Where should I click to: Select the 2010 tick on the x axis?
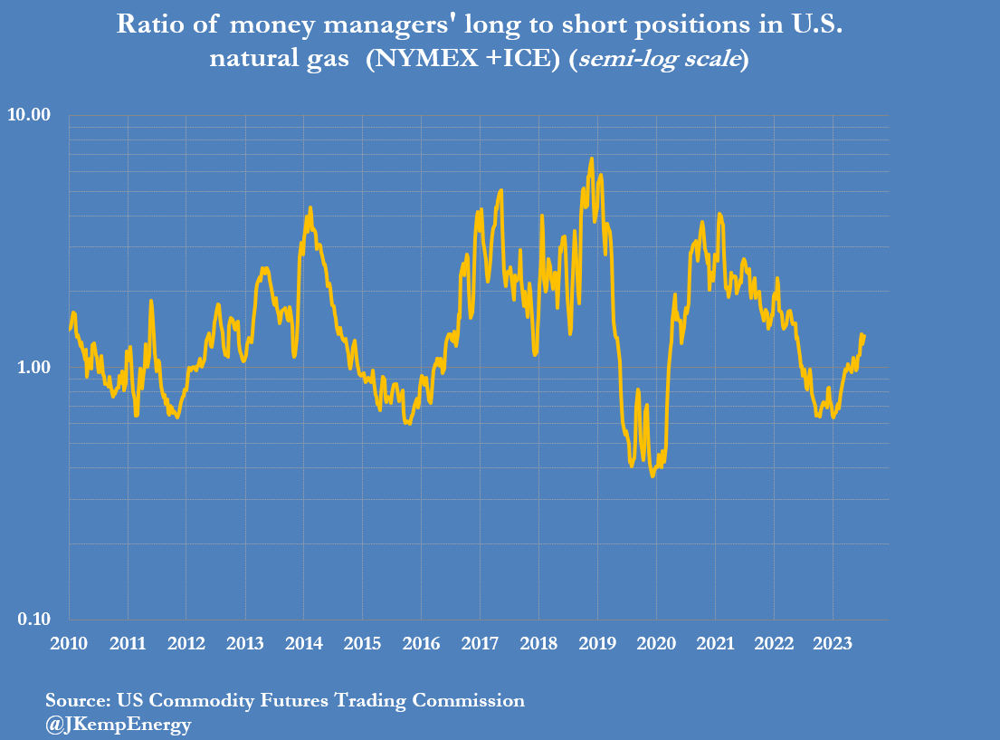pos(69,644)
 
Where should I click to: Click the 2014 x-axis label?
pos(304,644)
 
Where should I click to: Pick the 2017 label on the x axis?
pos(481,644)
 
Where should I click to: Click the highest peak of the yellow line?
pos(592,159)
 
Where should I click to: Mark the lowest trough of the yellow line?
pos(652,476)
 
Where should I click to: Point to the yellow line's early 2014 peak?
pos(310,207)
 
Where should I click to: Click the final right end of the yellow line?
pos(864,336)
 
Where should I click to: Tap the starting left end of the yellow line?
pos(70,329)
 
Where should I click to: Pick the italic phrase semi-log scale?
pos(658,60)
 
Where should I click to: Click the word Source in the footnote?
pos(76,700)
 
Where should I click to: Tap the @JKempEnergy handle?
pos(119,725)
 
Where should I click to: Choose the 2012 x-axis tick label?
pos(186,644)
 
